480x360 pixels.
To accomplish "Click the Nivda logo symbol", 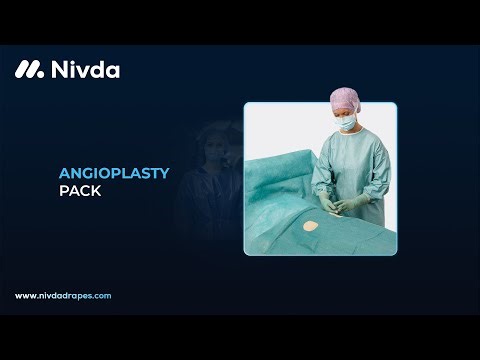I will coord(29,70).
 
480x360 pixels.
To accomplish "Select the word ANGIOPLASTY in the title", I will coord(113,173).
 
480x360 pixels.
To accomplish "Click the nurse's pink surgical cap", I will coord(345,98).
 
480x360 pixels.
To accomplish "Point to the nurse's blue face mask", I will coord(348,124).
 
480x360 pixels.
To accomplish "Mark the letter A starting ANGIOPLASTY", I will coord(63,173).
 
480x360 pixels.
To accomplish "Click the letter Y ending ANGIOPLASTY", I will coord(164,173).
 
